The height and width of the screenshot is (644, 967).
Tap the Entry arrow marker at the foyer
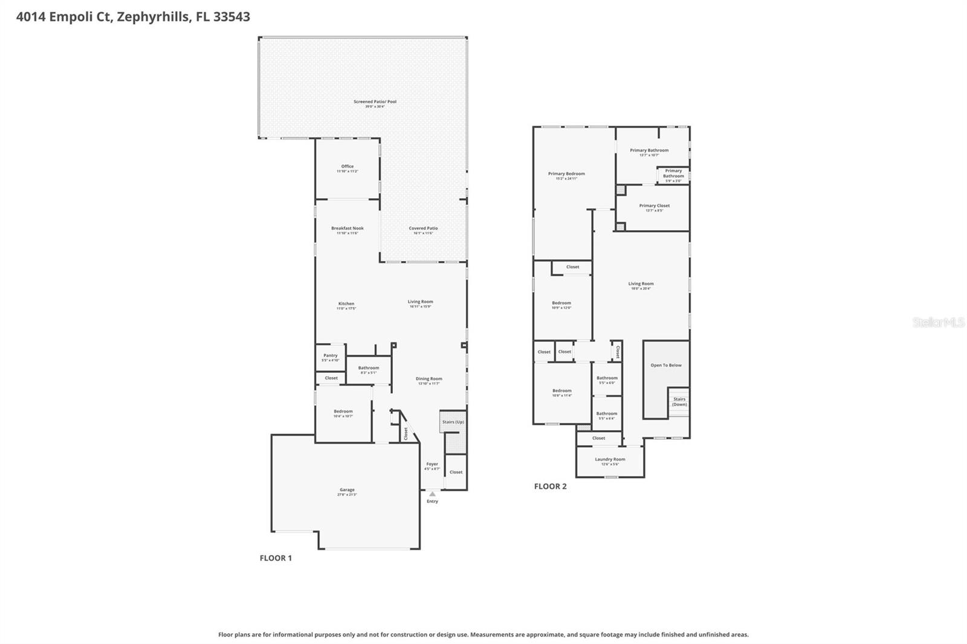point(432,494)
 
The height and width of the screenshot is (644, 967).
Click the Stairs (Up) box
point(453,422)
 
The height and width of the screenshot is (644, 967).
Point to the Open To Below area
point(666,365)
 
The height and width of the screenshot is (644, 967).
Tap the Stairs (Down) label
point(679,401)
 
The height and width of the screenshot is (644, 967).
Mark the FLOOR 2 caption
point(550,486)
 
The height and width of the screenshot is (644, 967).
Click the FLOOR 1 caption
point(276,558)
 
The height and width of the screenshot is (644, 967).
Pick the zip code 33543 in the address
point(231,16)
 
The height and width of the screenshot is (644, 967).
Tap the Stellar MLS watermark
point(938,323)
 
